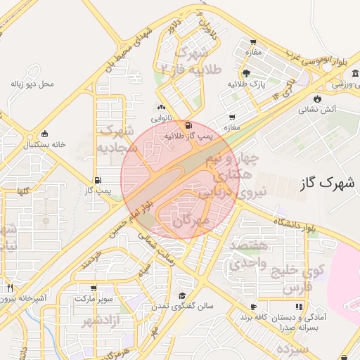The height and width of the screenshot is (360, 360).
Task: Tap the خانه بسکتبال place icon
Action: [46, 134]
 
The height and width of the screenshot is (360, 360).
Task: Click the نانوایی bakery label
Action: [161, 119]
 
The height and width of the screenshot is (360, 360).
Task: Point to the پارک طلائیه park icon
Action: [245, 74]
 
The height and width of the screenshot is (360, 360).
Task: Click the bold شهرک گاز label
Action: [323, 183]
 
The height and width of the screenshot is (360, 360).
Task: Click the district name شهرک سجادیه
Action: [115, 139]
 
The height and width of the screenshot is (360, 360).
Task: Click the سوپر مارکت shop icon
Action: [94, 288]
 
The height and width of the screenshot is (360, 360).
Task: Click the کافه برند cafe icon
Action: [254, 307]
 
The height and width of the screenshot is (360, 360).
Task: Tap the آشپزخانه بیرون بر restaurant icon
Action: [10, 288]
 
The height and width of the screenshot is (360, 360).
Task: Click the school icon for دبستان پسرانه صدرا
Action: [299, 307]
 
